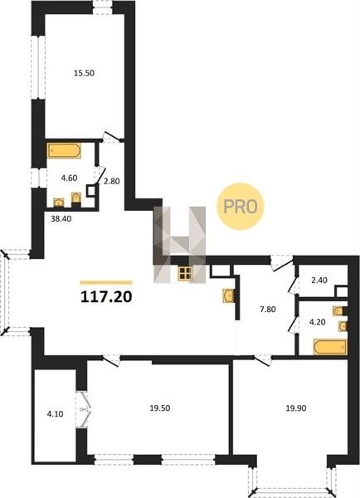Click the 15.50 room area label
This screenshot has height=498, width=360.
(84, 73)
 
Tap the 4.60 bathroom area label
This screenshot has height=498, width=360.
(69, 178)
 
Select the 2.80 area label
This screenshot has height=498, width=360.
(112, 181)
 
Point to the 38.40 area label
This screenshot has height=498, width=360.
(61, 219)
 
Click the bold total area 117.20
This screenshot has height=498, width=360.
(106, 297)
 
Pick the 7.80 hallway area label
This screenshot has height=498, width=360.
(268, 309)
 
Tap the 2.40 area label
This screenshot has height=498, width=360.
(319, 281)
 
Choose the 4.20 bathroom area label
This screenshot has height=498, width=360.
(318, 322)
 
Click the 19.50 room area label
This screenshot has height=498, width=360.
(160, 408)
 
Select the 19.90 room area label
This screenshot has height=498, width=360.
(296, 408)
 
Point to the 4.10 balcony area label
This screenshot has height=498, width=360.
(55, 414)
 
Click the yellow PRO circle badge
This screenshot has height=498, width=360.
(241, 207)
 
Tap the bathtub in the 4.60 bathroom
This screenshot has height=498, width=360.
(64, 151)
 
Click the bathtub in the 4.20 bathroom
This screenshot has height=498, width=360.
(330, 347)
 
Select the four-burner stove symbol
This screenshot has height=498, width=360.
(186, 273)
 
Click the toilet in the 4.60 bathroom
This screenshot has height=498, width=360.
(76, 199)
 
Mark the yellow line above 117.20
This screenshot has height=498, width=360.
(106, 282)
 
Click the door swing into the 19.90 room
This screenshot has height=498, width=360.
(263, 361)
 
